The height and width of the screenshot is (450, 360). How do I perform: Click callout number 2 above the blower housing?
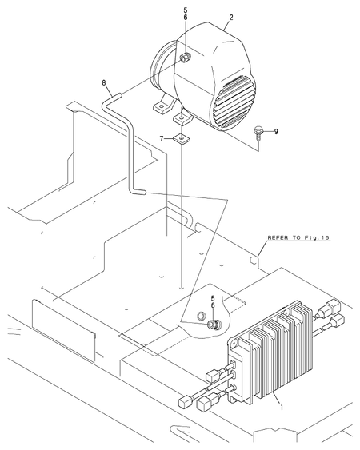231,18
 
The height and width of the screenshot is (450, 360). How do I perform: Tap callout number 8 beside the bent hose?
104,83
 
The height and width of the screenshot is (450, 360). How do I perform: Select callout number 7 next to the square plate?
162,139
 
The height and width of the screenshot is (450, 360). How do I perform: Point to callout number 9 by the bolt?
276,132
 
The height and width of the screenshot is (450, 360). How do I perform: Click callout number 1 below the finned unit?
282,407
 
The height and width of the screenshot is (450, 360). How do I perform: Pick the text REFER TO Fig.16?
298,237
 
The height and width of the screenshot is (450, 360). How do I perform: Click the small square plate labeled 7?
181,140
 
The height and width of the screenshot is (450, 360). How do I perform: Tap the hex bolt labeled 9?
258,133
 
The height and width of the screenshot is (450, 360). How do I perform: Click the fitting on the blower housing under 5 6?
184,58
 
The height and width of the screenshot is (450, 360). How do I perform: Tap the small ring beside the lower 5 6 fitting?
201,316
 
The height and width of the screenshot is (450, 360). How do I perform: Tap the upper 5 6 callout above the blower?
186,14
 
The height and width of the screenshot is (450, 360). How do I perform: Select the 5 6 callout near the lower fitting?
213,302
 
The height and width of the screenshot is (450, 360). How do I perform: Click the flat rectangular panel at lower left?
63,330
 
